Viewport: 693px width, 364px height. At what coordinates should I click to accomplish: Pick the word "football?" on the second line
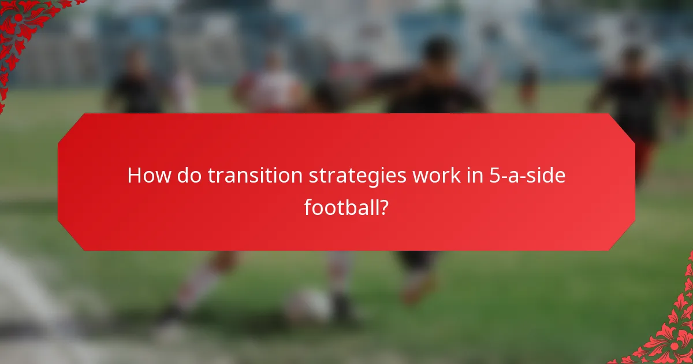[346, 206]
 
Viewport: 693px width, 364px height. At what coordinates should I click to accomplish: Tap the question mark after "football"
[382, 206]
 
